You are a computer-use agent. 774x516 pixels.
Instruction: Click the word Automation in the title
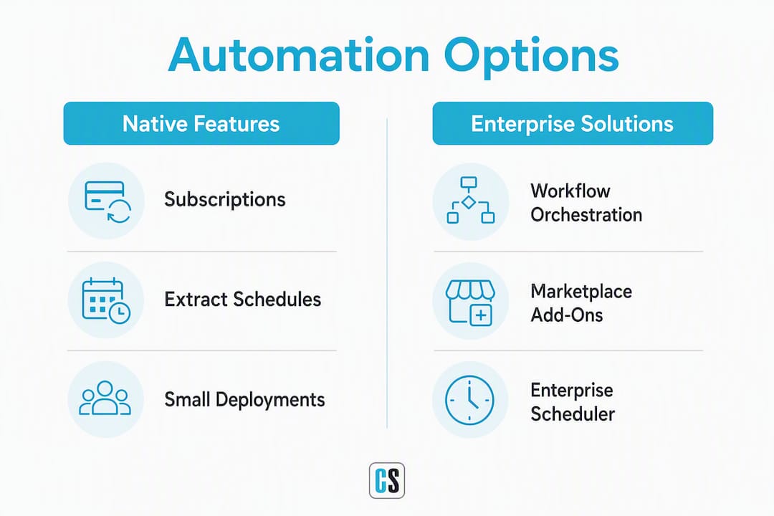[299, 54]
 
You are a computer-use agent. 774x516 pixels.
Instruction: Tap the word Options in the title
[531, 57]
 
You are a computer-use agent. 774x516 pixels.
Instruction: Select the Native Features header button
[201, 123]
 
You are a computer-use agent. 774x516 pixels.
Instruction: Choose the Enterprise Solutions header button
[573, 123]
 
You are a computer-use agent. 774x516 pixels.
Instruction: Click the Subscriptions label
[224, 200]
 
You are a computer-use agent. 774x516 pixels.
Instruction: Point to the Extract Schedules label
[242, 300]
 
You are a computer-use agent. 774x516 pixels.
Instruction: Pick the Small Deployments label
[244, 399]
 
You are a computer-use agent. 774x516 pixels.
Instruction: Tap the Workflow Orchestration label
[586, 203]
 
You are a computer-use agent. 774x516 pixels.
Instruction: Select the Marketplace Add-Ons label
[581, 303]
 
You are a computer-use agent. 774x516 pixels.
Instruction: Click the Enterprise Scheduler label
[573, 402]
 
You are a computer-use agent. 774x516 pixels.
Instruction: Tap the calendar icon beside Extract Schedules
[106, 301]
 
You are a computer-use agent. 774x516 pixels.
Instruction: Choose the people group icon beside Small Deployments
[105, 398]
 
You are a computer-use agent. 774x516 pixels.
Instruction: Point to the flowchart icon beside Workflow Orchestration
[470, 200]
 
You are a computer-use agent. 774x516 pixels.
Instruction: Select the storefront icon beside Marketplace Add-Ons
[470, 303]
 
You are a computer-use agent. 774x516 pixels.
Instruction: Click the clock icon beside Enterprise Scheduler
[469, 400]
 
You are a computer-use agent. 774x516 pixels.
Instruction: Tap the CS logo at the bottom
[387, 480]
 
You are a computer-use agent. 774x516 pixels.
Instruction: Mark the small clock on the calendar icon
[120, 313]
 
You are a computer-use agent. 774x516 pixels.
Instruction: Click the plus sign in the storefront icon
[480, 315]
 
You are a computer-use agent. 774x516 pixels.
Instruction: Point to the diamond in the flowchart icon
[469, 202]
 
